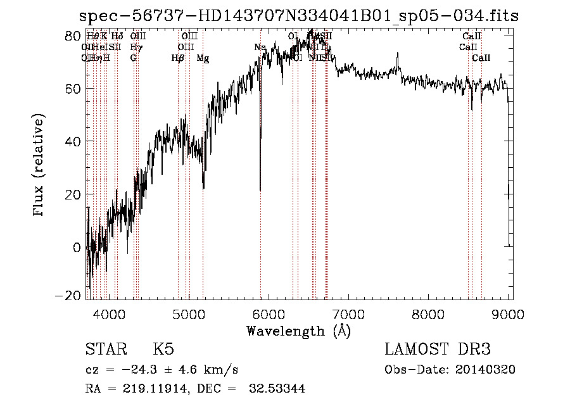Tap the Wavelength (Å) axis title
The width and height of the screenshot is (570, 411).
(298, 331)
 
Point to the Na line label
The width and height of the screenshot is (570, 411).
(260, 47)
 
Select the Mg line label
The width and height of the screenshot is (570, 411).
(203, 58)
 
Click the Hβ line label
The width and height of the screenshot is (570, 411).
(177, 58)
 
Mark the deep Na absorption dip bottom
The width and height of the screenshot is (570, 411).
(260, 189)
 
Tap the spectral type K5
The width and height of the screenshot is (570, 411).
(163, 350)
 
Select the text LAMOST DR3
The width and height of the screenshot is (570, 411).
(438, 350)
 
